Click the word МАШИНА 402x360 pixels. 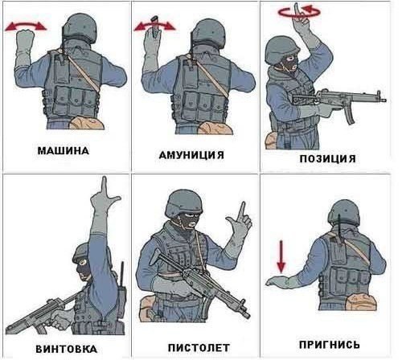click(64, 150)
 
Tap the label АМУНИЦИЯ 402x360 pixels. click(191, 155)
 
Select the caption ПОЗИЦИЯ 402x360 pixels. click(327, 158)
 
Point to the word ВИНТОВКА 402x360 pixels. click(66, 349)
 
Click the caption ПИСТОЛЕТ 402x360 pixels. click(199, 348)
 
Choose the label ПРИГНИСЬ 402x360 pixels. click(330, 345)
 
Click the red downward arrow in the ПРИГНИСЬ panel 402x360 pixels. click(281, 256)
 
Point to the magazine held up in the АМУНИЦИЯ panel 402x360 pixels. click(154, 27)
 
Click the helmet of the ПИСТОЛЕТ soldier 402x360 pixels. click(183, 202)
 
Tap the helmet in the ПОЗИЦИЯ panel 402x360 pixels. click(281, 50)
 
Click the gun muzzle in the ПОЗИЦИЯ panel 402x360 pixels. click(383, 100)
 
